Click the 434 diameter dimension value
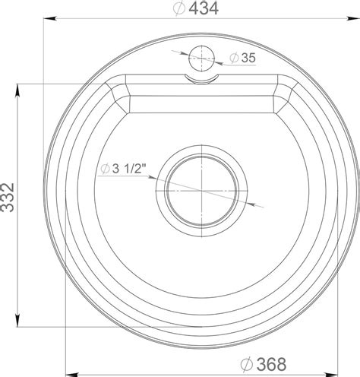[204, 8]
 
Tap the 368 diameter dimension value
[271, 364]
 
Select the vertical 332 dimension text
[7, 198]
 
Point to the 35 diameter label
[248, 58]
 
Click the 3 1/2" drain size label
[129, 168]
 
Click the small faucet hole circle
[201, 59]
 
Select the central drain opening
[201, 191]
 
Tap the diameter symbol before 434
[179, 8]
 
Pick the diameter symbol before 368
[247, 365]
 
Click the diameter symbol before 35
[234, 58]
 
